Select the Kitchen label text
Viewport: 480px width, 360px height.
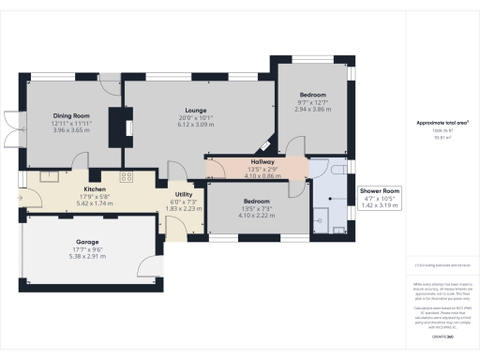click(79, 188)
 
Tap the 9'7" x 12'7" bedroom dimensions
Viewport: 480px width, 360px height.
click(313, 102)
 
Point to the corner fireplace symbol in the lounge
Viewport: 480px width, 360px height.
click(267, 146)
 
